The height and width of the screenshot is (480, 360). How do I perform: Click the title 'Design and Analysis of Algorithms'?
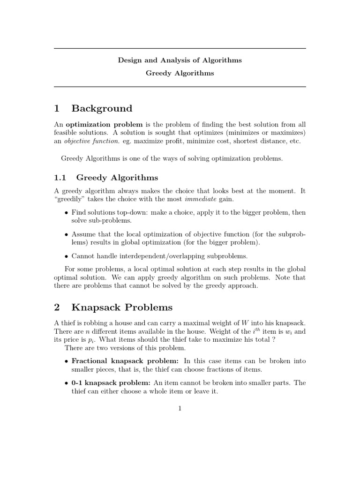180,60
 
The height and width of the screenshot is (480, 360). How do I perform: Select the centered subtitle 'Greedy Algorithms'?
180,73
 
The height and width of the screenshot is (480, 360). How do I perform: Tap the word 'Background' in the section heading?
102,109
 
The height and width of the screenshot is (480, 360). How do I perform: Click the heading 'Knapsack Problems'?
122,308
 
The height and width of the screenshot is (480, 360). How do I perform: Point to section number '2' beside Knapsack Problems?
57,308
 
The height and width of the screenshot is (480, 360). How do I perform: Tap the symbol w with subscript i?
288,332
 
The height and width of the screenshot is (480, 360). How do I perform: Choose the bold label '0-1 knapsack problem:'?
111,382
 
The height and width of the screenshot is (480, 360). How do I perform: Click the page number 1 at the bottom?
180,409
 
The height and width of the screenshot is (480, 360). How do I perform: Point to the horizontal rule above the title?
180,48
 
